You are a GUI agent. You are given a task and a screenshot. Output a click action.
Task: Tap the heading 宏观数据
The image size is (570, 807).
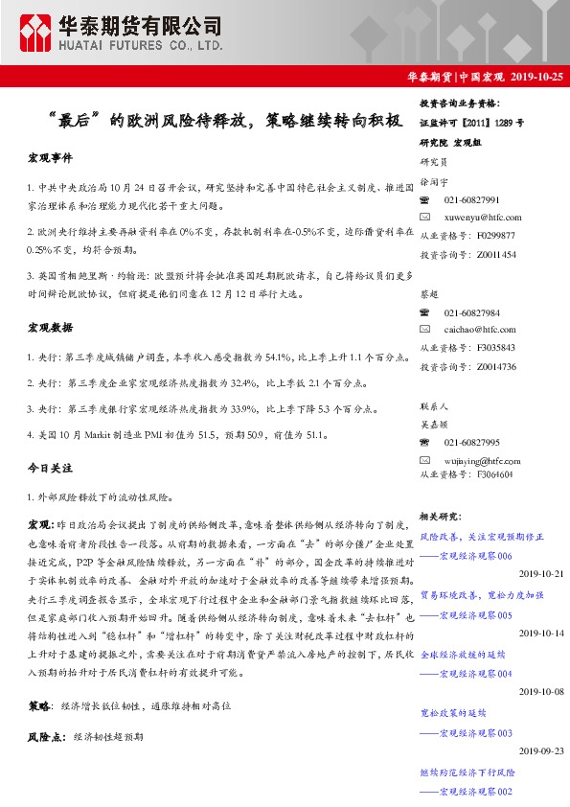pos(51,329)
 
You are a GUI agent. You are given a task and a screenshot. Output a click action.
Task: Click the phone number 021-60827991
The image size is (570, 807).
pos(471,200)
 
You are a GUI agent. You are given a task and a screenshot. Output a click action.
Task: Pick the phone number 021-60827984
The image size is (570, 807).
pos(471,313)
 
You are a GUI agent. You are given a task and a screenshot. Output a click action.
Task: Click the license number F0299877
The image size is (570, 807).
pos(496,236)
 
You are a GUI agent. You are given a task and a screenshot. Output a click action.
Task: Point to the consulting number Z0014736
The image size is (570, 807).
pos(496,366)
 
